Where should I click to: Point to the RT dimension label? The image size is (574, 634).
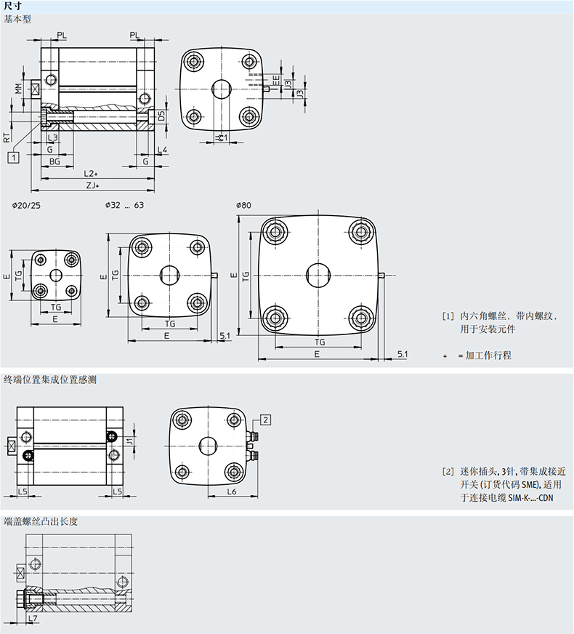tap(7, 135)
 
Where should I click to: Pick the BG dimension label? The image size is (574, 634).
tap(54, 161)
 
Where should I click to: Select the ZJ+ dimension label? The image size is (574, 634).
tap(92, 186)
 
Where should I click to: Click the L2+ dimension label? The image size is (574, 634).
tap(90, 174)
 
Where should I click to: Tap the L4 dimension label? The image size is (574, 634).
tap(162, 149)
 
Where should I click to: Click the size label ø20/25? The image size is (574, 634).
tap(26, 205)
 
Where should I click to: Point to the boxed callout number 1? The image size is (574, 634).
tap(13, 156)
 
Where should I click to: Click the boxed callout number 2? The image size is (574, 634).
tap(265, 420)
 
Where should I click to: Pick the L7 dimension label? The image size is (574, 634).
tap(32, 618)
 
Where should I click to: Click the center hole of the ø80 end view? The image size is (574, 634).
tap(318, 274)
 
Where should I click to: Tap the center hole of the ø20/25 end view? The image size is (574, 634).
tap(56, 275)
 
